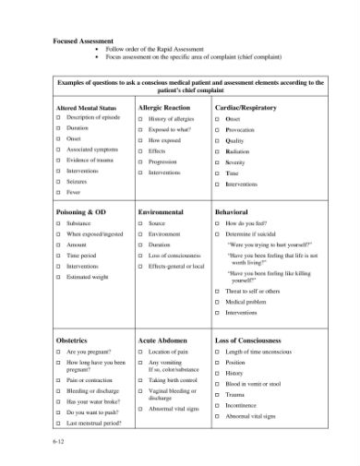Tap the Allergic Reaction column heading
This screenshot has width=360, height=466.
pyautogui.click(x=163, y=109)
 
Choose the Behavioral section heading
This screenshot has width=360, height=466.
pyautogui.click(x=233, y=212)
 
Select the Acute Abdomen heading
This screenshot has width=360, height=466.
pyautogui.click(x=164, y=340)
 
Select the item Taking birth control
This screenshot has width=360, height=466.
pyautogui.click(x=173, y=380)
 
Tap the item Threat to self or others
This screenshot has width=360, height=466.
pyautogui.click(x=255, y=291)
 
